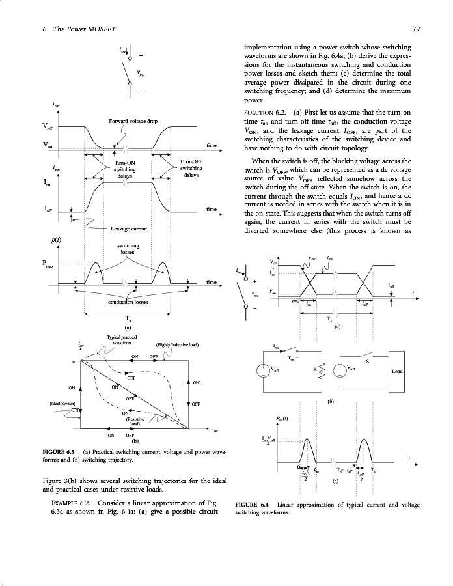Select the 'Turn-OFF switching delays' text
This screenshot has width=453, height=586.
coord(191,169)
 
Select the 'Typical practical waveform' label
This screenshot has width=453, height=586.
coord(123,339)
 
